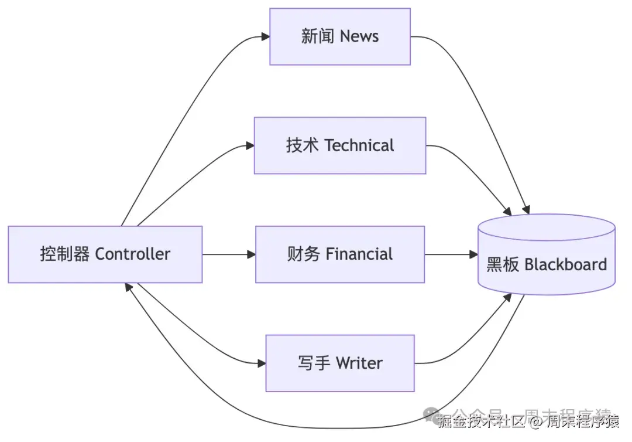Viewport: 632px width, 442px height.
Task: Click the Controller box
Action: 105,254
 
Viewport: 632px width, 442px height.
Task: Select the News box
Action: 339,36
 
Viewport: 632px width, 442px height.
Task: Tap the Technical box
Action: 339,145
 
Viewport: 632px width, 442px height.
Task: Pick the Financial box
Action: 339,254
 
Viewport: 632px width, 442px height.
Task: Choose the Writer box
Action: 339,363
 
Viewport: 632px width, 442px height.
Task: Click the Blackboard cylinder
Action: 547,256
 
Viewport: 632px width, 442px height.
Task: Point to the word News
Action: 359,36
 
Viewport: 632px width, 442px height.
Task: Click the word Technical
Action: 359,145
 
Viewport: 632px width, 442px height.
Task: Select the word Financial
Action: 359,254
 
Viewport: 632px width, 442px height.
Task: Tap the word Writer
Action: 359,363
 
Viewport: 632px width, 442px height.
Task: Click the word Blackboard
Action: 565,264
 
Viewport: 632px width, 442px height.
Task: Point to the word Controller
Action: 133,254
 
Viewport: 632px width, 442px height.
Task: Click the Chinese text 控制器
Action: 65,254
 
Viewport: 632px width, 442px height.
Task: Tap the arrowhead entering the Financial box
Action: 252,254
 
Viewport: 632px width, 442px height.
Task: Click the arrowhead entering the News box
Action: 266,36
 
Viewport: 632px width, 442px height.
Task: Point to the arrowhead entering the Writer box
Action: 262,363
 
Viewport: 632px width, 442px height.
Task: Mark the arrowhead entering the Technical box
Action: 250,145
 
